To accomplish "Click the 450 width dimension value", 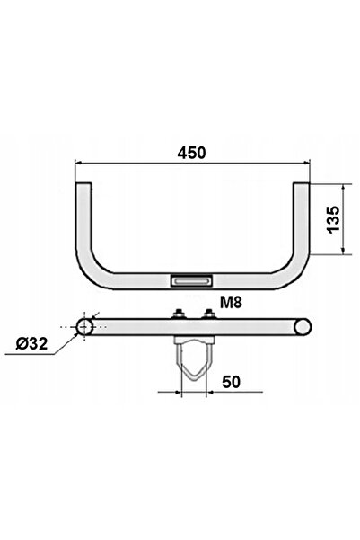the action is (x=192, y=153).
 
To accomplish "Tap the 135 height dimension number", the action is (x=333, y=220).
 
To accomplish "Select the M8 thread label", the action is (x=231, y=302).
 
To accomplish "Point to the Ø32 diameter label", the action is (x=31, y=343).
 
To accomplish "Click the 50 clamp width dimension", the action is (x=231, y=382).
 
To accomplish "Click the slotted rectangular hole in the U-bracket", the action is (x=192, y=280).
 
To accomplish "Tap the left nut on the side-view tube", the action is (x=179, y=314).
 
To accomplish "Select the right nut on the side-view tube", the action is (x=208, y=314).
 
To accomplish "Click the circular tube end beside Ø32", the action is (x=84, y=326).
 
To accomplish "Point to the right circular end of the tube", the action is (x=303, y=326).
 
